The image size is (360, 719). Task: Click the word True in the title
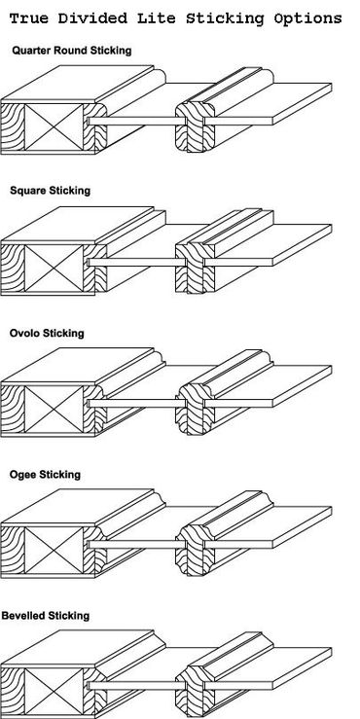30,18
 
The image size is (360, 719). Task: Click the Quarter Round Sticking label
72,51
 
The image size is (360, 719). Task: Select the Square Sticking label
50,191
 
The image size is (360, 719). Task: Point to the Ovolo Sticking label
47,333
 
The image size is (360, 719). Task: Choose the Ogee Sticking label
45,474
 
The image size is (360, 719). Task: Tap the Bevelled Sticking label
46,615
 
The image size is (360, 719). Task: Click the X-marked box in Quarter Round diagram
54,127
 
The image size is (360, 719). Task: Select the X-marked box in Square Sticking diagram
54,269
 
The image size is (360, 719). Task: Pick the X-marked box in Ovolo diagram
54,410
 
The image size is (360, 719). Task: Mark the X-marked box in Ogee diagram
54,551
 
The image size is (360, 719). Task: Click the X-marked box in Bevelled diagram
54,692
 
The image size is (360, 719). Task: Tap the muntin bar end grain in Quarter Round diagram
195,126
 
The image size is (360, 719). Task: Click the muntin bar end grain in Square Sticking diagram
195,268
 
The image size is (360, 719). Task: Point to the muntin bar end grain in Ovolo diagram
195,409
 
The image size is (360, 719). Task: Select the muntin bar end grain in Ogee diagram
195,551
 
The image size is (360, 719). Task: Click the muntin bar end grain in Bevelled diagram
195,692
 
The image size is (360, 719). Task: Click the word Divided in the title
93,18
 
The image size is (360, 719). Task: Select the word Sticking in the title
225,18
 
